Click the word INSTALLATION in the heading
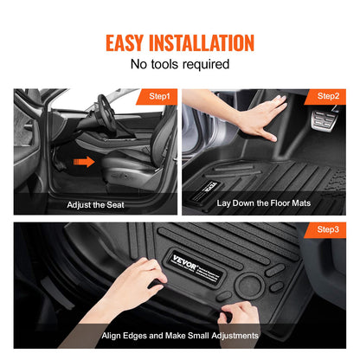click(208, 42)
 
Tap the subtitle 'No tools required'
click(179, 65)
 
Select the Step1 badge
click(160, 96)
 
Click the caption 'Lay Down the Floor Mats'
click(263, 202)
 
